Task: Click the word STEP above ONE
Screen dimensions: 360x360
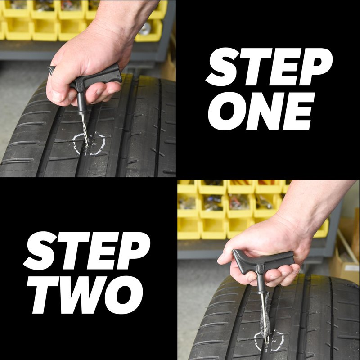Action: coord(269,67)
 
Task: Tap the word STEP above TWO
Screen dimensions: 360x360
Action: coord(87,251)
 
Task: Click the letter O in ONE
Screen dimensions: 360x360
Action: coord(227,111)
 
